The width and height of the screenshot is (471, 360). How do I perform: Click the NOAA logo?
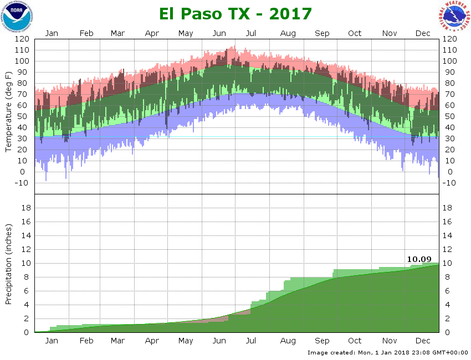pyautogui.click(x=17, y=17)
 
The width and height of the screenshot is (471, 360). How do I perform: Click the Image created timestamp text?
pyautogui.click(x=387, y=352)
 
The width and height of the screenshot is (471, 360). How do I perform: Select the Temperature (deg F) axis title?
pyautogui.click(x=9, y=111)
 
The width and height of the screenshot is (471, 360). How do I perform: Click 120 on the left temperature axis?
pyautogui.click(x=22, y=39)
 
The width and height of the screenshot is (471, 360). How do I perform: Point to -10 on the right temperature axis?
pyautogui.click(x=449, y=183)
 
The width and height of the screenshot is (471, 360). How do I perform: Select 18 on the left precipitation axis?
pyautogui.click(x=25, y=208)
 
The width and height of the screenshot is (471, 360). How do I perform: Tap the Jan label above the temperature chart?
pyautogui.click(x=52, y=33)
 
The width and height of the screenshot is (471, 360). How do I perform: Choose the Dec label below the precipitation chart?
pyautogui.click(x=423, y=341)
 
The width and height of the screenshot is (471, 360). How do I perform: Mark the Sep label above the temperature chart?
pyautogui.click(x=322, y=33)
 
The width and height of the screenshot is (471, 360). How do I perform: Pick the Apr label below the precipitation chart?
pyautogui.click(x=152, y=341)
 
